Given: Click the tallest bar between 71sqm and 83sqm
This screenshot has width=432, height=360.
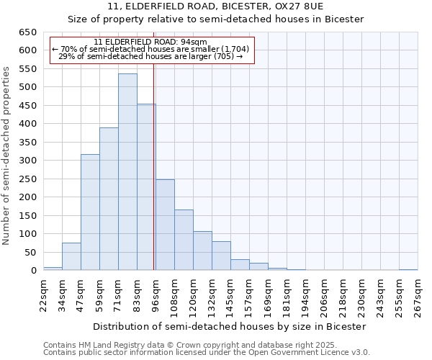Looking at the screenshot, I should tap(127, 172).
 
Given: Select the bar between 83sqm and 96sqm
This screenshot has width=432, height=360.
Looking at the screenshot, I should tap(146, 187).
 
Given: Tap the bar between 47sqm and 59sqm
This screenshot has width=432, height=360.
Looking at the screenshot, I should tap(90, 212).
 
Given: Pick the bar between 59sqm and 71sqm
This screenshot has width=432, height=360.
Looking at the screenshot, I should tap(109, 199).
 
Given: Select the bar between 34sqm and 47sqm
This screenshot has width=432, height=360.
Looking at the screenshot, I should tap(71, 256).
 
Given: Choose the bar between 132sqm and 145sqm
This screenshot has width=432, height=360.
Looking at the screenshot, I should tap(221, 256).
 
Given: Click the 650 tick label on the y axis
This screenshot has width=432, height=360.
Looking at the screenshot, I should tap(27, 32).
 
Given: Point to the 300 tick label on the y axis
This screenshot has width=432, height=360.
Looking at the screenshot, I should tap(27, 161).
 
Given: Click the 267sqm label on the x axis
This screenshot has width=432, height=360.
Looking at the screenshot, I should tap(418, 296).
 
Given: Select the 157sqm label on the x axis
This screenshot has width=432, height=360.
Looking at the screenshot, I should tap(249, 296).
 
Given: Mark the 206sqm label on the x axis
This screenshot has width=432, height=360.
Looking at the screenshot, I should tap(324, 296).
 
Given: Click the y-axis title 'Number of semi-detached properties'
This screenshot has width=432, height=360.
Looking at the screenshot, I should tap(6, 156).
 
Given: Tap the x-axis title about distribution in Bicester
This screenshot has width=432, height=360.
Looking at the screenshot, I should tap(230, 326).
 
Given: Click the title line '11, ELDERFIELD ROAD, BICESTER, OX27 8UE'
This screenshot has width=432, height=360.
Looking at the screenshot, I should tap(215, 6).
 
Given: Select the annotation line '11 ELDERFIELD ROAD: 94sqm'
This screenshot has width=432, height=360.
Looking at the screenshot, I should tap(150, 42).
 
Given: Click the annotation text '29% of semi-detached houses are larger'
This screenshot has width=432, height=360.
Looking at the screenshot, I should tap(150, 56).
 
